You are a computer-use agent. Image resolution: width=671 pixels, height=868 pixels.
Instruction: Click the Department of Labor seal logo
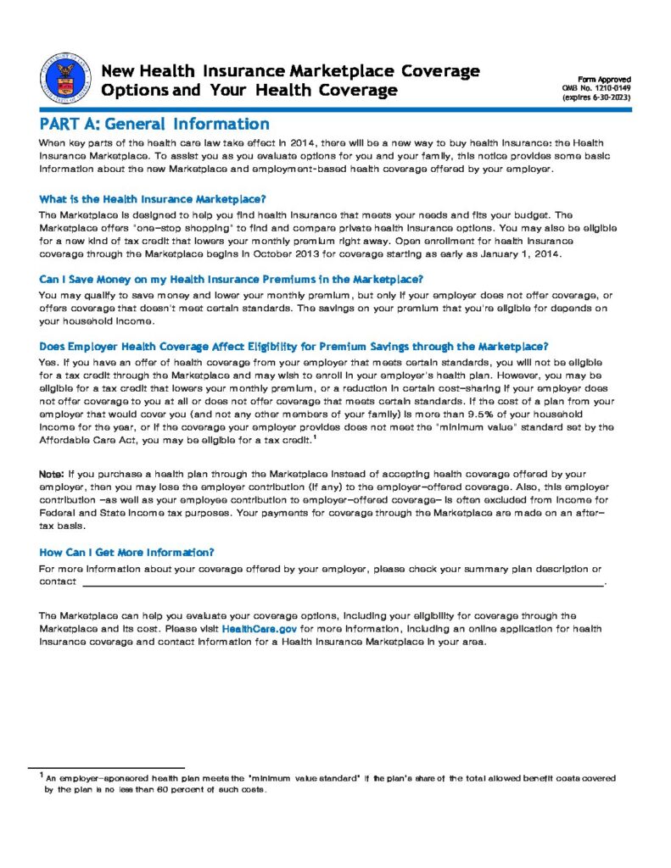64,81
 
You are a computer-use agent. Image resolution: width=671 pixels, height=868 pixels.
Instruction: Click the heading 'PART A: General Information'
154,124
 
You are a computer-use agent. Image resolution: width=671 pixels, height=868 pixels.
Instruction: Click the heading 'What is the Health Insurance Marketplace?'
153,199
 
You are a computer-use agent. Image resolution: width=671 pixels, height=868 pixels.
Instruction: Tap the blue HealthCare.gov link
259,629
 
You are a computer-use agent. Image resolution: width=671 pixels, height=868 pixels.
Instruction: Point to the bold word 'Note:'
52,472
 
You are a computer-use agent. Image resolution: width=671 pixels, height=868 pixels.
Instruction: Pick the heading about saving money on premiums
231,279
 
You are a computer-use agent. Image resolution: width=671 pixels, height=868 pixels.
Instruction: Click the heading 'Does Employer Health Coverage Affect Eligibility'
294,346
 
